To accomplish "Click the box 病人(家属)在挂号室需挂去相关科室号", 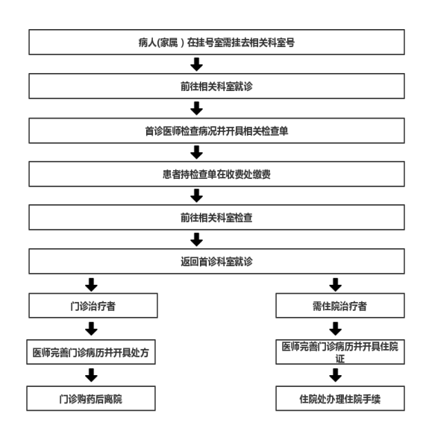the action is (216, 42).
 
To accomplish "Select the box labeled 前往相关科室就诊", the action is (216, 86).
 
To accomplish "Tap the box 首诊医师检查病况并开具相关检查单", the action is (216, 130).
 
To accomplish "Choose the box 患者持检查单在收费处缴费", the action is (216, 174).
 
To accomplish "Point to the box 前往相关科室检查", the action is (216, 218).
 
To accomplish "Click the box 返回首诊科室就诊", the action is (216, 262).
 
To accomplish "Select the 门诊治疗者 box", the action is (93, 306).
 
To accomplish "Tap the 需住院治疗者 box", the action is (340, 306).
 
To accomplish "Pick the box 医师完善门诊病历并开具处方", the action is (91, 352).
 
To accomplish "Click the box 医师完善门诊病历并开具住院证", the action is (340, 352).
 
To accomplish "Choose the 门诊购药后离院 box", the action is (91, 399).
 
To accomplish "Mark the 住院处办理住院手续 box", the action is (340, 399).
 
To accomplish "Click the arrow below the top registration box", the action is (196, 64).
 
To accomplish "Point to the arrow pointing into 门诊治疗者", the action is (91, 285).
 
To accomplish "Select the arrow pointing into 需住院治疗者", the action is (335, 285).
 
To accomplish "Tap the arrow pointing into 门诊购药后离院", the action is (91, 375).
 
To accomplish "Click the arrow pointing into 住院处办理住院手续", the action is (335, 375).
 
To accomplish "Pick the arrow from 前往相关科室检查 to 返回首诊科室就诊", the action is (196, 239).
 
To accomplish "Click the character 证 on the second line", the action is (340, 359).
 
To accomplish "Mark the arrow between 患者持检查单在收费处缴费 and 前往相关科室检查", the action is (196, 195).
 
